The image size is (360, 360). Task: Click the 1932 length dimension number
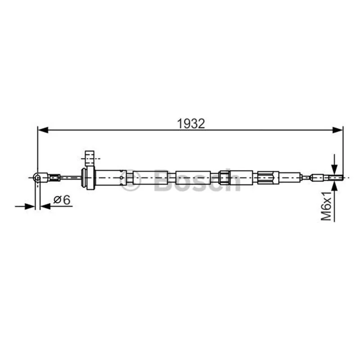pos(191,124)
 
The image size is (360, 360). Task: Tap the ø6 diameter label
pos(62,200)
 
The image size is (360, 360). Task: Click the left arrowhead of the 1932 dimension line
pos(43,130)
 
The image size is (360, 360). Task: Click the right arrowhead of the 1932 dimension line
pos(337,130)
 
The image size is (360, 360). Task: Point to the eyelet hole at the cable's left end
pos(37,177)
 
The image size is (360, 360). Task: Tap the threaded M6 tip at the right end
pos(336,177)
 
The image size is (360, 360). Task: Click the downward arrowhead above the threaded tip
pos(334,170)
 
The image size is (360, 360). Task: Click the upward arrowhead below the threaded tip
pos(334,186)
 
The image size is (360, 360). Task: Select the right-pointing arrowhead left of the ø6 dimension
pos(30,207)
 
